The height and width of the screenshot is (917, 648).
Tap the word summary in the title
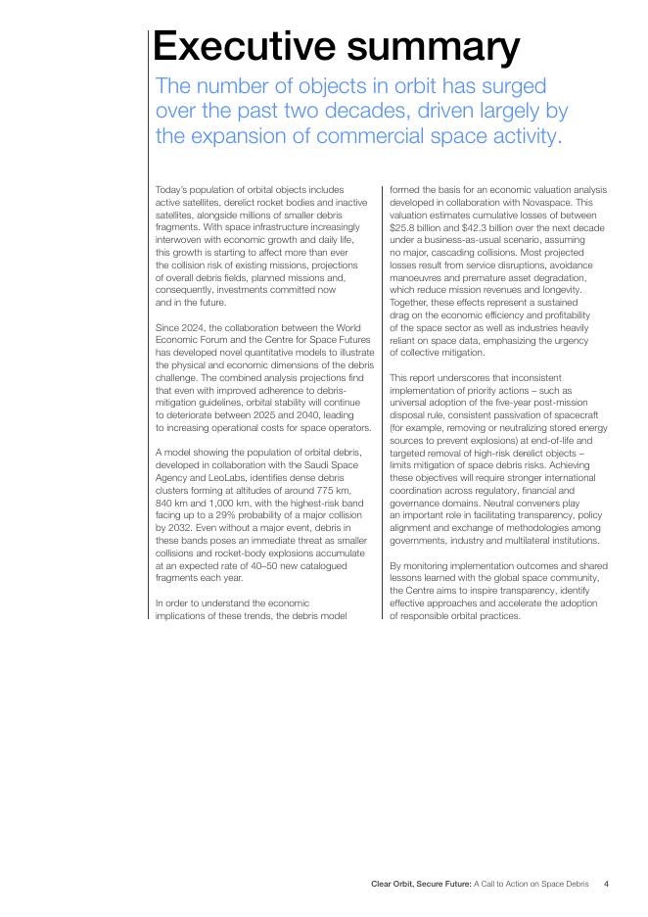click(x=431, y=46)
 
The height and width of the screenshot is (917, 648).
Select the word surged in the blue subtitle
click(x=504, y=86)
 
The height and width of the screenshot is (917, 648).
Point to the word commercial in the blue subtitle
click(x=390, y=135)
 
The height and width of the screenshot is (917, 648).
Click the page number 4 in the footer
click(x=606, y=884)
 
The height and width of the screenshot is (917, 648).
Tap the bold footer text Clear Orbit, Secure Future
click(x=421, y=884)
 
